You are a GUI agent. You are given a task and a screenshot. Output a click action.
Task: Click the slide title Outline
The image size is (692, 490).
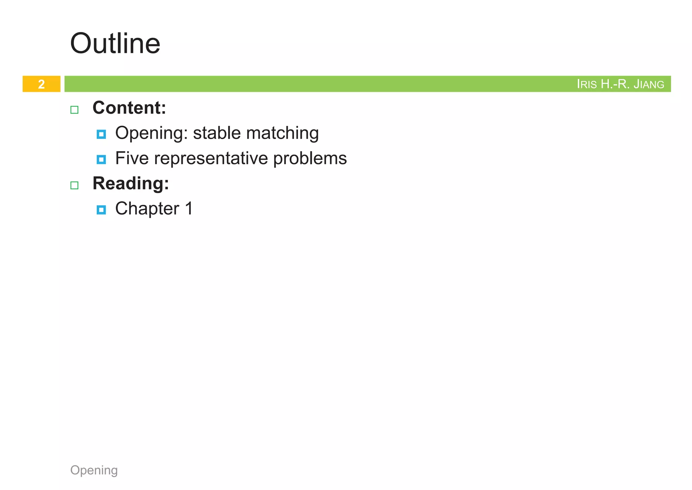pos(115,44)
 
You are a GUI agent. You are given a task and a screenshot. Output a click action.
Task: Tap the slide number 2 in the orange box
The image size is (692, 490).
pos(41,84)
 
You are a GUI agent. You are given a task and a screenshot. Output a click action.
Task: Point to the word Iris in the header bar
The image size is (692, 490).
pos(587,84)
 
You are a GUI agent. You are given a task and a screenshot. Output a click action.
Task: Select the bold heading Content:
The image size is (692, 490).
pos(129,108)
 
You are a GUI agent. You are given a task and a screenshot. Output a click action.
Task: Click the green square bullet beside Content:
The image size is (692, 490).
pos(74,110)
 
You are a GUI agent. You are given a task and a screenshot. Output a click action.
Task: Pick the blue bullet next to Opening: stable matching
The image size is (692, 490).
pos(101,134)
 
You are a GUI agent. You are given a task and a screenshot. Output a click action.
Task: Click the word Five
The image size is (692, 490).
pos(132,158)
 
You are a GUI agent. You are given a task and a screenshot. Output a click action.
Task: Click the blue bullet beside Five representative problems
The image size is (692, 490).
pos(101,160)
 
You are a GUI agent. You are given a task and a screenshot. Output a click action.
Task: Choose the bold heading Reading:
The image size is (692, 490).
pos(130,184)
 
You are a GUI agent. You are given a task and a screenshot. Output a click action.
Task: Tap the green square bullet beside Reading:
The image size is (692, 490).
pos(74,186)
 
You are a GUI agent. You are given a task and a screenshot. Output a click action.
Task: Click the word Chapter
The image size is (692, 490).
pos(147,209)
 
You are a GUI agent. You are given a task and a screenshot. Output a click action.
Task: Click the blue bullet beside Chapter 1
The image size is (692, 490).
pos(101,210)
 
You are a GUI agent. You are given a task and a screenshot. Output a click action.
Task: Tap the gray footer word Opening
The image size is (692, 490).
pos(94,470)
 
